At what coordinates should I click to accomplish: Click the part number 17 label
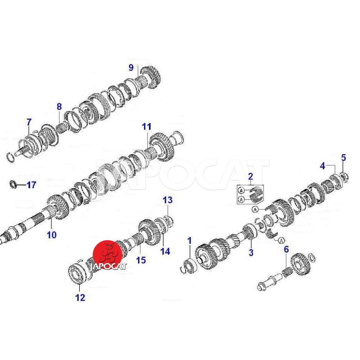click(x=31, y=185)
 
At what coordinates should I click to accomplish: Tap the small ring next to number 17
click(x=13, y=184)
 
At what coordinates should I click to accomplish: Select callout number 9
click(x=131, y=67)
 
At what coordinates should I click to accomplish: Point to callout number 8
click(x=59, y=107)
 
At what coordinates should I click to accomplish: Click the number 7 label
click(x=29, y=122)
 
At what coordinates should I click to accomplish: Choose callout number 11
click(x=147, y=126)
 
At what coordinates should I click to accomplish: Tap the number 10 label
click(x=52, y=234)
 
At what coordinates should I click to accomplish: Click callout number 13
click(x=167, y=200)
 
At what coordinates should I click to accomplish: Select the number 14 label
click(x=165, y=251)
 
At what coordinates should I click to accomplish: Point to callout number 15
click(x=141, y=260)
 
